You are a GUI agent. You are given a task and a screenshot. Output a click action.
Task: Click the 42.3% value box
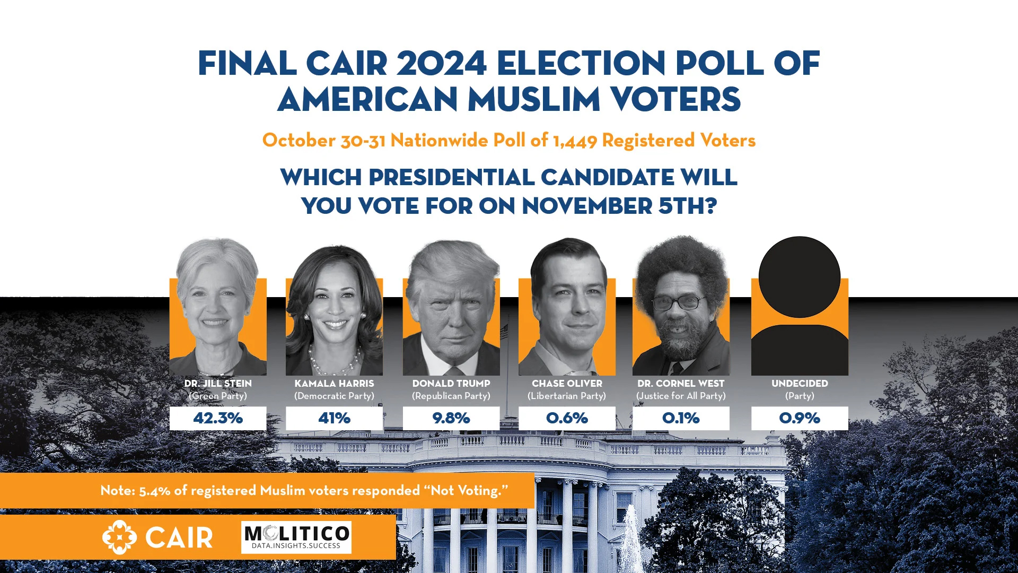tap(218, 418)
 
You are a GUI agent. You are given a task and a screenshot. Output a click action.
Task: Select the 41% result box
tap(334, 418)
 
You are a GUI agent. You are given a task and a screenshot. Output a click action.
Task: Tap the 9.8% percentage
tap(451, 418)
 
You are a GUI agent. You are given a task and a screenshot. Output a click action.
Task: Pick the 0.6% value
tap(567, 418)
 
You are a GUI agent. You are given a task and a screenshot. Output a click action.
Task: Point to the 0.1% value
tap(681, 418)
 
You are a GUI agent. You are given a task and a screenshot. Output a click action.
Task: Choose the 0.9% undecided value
tap(800, 418)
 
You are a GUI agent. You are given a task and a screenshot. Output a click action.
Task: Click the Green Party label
tap(218, 396)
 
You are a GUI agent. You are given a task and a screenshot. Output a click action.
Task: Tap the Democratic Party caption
tap(334, 396)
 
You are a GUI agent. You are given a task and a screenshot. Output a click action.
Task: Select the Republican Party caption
tap(451, 396)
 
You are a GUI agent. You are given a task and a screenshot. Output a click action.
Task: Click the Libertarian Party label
tap(567, 396)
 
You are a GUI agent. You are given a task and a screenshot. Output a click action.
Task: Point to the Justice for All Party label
tap(681, 396)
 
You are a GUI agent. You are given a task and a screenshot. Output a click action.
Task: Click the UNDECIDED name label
tap(800, 383)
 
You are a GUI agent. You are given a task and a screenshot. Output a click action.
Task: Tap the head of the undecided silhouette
tap(800, 277)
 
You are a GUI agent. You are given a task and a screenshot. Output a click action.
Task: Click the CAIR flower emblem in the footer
tap(119, 537)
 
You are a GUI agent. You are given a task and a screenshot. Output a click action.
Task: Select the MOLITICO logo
tap(296, 537)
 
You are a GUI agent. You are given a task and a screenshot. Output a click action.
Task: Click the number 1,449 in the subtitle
tap(575, 141)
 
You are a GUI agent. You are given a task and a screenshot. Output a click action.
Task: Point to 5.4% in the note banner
tap(154, 491)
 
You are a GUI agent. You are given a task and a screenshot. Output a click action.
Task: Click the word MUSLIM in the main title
tap(533, 99)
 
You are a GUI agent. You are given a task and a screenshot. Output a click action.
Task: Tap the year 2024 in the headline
tap(441, 64)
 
